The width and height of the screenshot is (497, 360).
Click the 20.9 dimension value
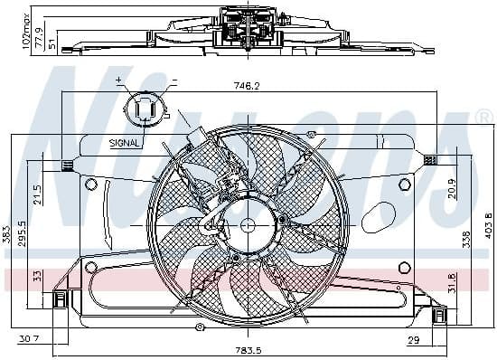point(451,188)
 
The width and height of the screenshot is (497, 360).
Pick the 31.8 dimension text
point(451,283)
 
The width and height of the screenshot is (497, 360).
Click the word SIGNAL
point(124,142)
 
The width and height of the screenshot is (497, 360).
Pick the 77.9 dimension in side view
point(25,33)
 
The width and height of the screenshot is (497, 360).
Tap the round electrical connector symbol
point(145,110)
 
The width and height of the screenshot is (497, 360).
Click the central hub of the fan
point(248,225)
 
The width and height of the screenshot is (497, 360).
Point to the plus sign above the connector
point(119,81)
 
